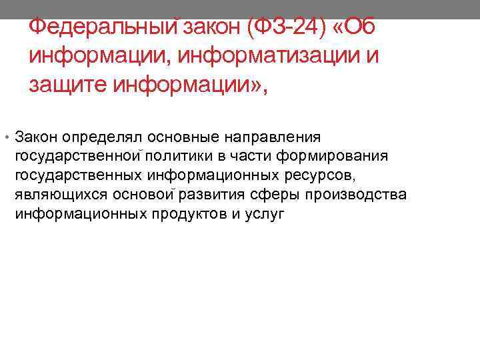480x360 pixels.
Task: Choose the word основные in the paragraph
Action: tap(177, 137)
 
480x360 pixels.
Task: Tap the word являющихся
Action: tap(54, 195)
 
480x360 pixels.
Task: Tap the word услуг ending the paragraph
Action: tap(265, 215)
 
